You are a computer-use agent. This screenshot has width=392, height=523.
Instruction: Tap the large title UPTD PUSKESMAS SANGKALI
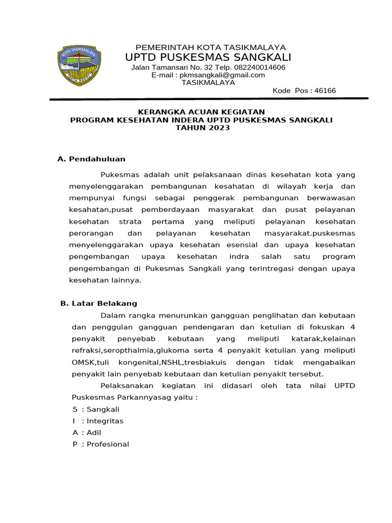point(208,57)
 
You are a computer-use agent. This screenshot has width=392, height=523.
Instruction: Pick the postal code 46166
point(325,90)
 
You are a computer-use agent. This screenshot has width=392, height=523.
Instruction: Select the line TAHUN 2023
point(203,128)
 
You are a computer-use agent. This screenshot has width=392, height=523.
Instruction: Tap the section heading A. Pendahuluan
point(91,159)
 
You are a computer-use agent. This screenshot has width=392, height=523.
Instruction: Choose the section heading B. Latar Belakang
point(99,303)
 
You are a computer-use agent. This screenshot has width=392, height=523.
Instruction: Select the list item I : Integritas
point(98,421)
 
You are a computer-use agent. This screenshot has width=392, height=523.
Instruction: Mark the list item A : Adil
point(87,433)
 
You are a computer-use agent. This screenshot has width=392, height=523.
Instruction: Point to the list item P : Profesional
point(101,444)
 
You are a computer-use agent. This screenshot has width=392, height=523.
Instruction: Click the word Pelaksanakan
point(127,386)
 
